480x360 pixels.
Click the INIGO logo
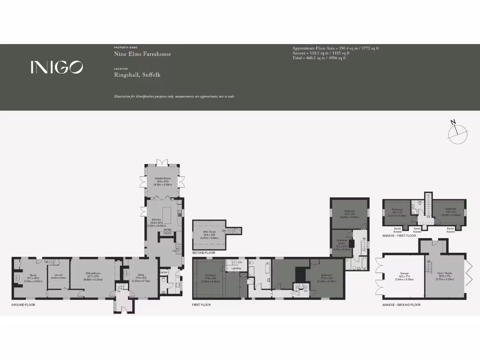click(x=57, y=67)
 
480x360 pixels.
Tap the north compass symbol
click(x=457, y=134)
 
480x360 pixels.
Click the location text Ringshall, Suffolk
click(x=137, y=75)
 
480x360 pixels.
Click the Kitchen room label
click(x=156, y=219)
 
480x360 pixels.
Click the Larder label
click(x=164, y=272)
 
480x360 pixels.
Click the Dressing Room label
click(x=342, y=241)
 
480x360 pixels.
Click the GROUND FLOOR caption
click(x=23, y=305)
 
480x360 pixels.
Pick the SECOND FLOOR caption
click(x=203, y=253)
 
